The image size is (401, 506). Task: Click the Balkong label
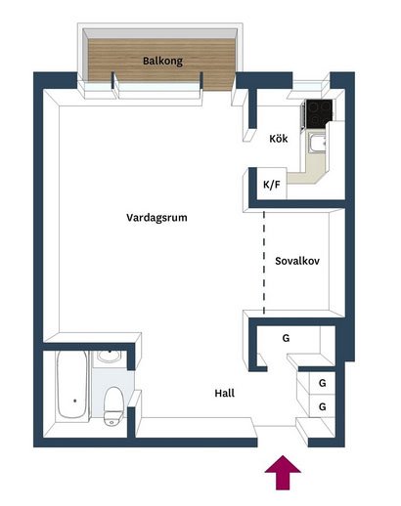[162, 61]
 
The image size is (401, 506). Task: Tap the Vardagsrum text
[156, 217]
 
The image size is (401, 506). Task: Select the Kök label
[279, 139]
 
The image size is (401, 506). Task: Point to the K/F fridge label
[272, 185]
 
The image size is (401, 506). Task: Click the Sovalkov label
[297, 261]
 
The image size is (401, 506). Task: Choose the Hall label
[225, 393]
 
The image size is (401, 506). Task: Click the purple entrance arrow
[283, 472]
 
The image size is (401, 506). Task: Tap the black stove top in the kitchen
[320, 113]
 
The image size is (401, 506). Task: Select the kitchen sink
[318, 144]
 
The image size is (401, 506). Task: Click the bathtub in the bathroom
[72, 385]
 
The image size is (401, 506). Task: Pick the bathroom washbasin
[110, 357]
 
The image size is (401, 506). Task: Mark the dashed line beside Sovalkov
[264, 263]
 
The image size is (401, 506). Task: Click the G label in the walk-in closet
[286, 338]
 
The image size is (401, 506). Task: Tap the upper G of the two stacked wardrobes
[322, 383]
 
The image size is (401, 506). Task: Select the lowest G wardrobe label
[322, 406]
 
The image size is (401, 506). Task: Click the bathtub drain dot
[75, 401]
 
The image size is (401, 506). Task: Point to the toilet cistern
[113, 419]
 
